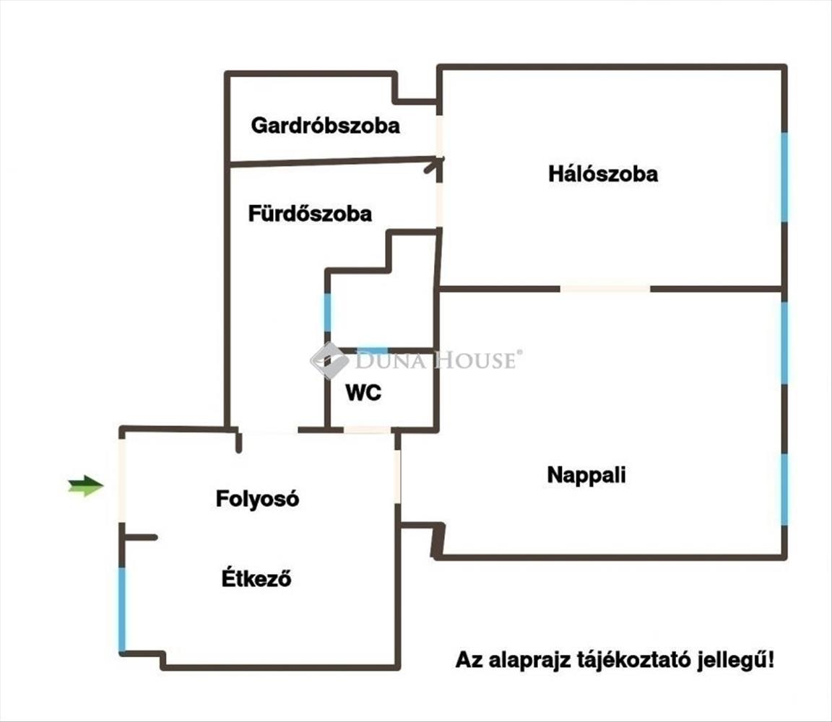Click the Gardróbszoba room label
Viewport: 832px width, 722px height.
click(325, 126)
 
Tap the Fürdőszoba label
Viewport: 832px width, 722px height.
click(310, 213)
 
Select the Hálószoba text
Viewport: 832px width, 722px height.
click(603, 174)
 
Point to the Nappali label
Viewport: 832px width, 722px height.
click(586, 475)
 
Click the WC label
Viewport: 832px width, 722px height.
click(363, 393)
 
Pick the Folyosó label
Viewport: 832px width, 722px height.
click(257, 499)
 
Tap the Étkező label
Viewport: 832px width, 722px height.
click(256, 578)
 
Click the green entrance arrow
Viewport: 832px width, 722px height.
click(85, 485)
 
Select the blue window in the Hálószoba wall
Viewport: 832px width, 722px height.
click(784, 177)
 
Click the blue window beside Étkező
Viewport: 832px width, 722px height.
click(122, 609)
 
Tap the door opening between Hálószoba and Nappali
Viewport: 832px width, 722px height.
click(605, 289)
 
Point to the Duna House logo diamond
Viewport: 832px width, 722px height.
click(329, 361)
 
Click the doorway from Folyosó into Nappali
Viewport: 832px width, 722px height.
click(397, 476)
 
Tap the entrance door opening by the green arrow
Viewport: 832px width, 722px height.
click(122, 481)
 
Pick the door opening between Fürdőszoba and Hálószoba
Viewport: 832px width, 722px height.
click(439, 205)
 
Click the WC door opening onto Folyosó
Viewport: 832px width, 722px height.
click(368, 430)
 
